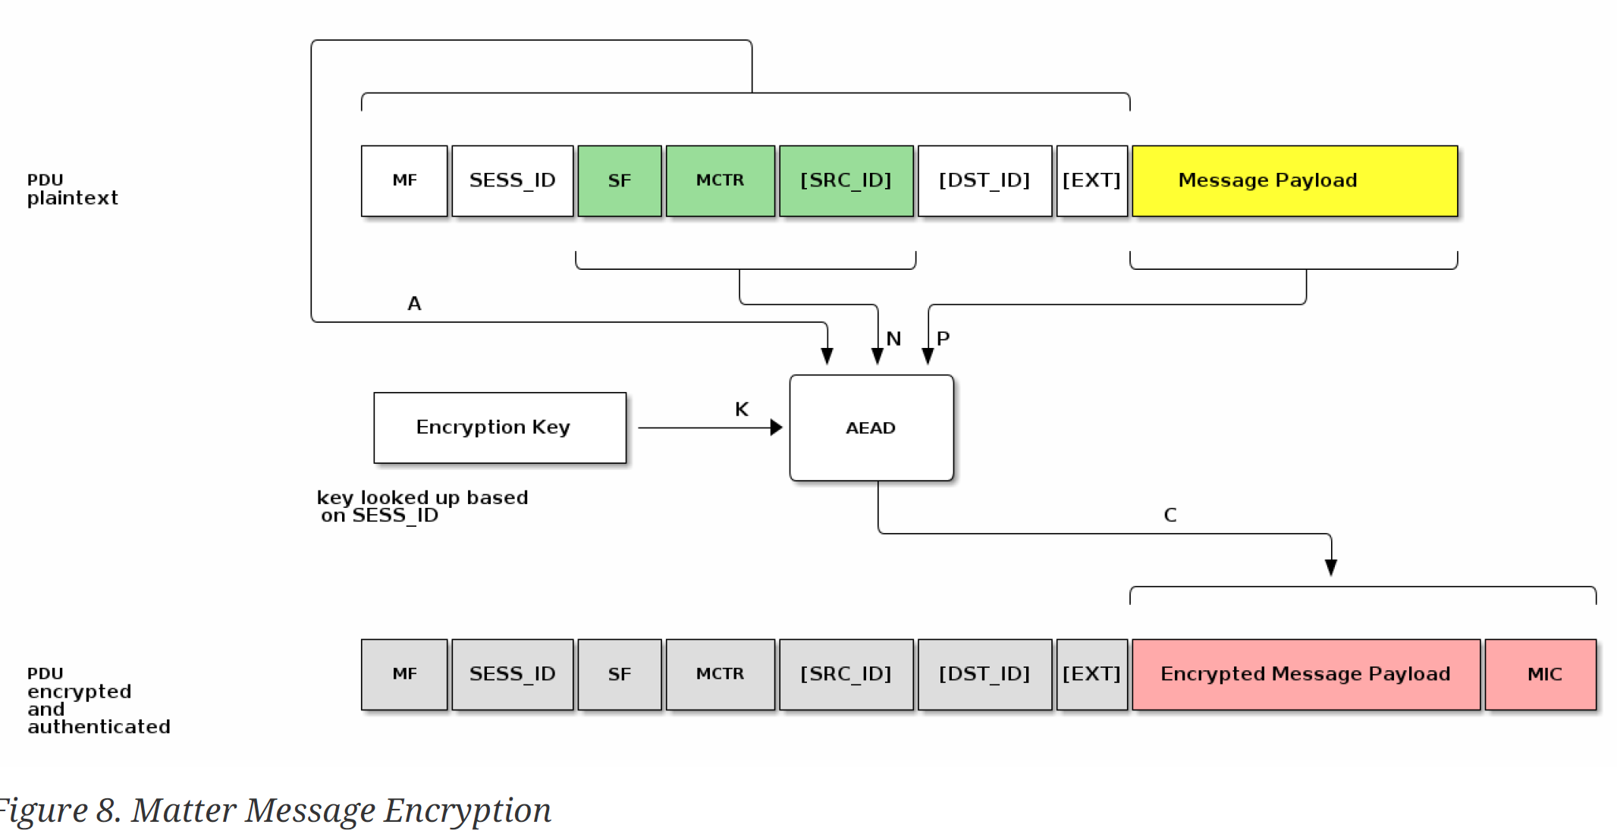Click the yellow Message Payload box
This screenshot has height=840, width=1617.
tap(1294, 181)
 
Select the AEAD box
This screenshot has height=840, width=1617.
tap(871, 428)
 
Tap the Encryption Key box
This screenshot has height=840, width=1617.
tap(500, 428)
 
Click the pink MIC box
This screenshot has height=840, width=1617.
tap(1540, 674)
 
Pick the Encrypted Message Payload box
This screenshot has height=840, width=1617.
tap(1305, 674)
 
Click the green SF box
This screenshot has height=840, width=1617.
tap(619, 181)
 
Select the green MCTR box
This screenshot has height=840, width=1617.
tap(720, 181)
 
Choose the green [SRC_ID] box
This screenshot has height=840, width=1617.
tap(846, 181)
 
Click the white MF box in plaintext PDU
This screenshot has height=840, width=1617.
tap(404, 181)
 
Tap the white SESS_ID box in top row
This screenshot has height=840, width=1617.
tap(512, 181)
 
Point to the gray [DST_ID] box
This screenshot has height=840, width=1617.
tap(984, 674)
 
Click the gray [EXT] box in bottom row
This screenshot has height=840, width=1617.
tap(1091, 674)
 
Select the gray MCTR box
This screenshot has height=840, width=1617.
tap(720, 674)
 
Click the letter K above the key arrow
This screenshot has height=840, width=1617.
tap(742, 409)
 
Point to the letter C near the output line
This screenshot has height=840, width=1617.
tap(1170, 516)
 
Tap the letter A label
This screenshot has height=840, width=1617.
tap(414, 303)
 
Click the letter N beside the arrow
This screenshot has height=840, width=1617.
tap(894, 339)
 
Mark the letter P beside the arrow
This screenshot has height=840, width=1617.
tap(943, 339)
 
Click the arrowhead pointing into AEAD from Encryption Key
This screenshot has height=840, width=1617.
tap(777, 428)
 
